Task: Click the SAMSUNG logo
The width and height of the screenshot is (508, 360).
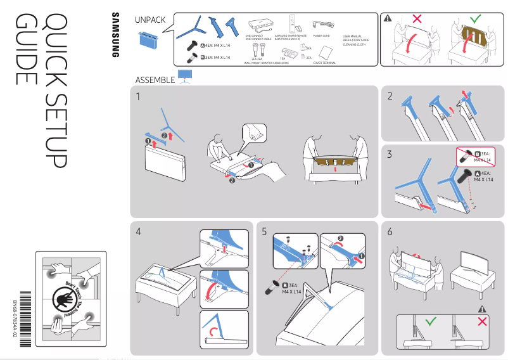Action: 115,36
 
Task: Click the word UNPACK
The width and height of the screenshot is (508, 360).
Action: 150,20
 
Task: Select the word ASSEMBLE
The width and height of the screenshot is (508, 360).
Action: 155,80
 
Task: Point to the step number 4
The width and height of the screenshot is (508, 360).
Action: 139,232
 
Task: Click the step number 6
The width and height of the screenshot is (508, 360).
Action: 390,232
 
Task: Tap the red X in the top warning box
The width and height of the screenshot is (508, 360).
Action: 416,18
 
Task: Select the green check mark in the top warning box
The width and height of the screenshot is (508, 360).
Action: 475,18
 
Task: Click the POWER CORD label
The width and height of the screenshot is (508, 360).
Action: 322,37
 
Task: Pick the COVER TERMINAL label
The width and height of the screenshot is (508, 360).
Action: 324,63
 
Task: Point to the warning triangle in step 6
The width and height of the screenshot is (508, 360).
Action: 482,308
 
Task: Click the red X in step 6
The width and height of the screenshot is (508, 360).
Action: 482,323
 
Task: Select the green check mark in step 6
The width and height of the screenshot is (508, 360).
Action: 431,323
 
